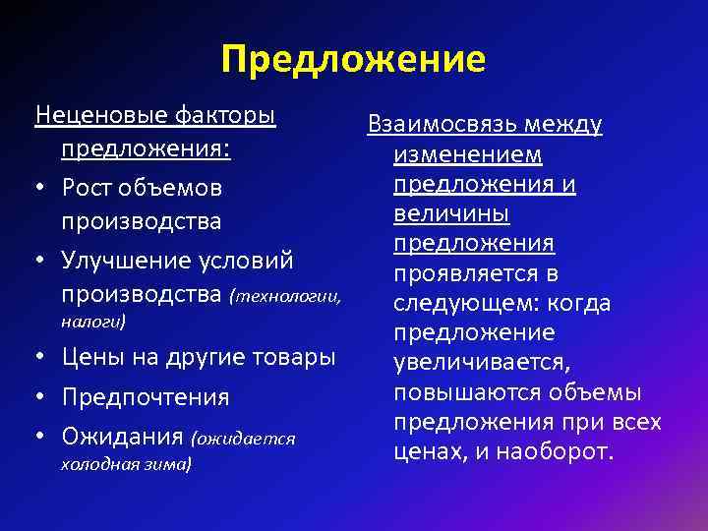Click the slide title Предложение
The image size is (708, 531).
[353, 59]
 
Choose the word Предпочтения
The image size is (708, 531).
[146, 397]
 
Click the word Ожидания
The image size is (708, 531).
[123, 435]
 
